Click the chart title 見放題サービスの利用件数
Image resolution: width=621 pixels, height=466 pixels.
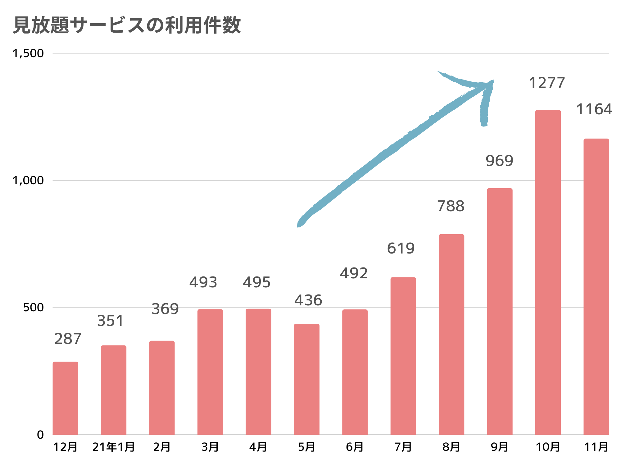[127, 25]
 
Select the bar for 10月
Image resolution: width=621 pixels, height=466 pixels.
[548, 272]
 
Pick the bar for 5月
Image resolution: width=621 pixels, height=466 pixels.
[306, 379]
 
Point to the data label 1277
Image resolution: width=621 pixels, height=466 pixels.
[546, 83]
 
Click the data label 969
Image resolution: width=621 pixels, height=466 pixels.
[499, 161]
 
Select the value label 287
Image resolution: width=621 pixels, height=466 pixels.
[68, 339]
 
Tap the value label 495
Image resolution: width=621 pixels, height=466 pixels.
[256, 282]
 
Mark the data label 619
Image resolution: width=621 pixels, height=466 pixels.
[401, 248]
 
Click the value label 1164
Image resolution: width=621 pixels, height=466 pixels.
[594, 109]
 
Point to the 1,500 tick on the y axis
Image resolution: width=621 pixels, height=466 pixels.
[28, 53]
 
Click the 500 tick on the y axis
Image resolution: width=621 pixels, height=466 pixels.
[33, 308]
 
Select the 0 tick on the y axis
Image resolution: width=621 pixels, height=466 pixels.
[40, 435]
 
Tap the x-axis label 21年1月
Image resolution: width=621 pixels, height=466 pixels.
[113, 447]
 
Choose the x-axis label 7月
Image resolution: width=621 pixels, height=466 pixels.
[403, 447]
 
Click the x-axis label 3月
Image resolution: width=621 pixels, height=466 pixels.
[210, 447]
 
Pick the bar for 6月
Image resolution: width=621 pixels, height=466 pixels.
[355, 372]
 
